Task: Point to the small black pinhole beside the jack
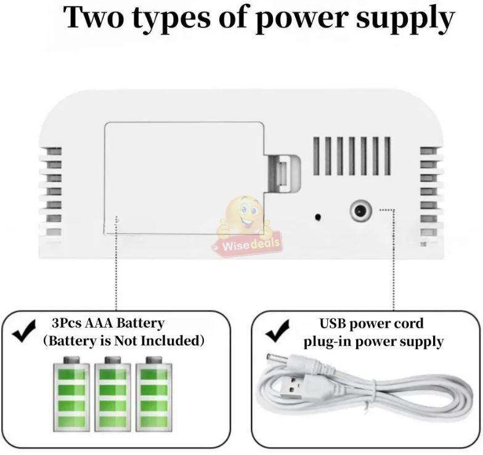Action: click(x=318, y=217)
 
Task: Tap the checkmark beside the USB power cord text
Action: click(x=278, y=332)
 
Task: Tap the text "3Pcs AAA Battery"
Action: click(x=108, y=323)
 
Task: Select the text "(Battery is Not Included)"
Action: click(x=123, y=340)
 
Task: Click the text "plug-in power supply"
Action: click(x=373, y=341)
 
